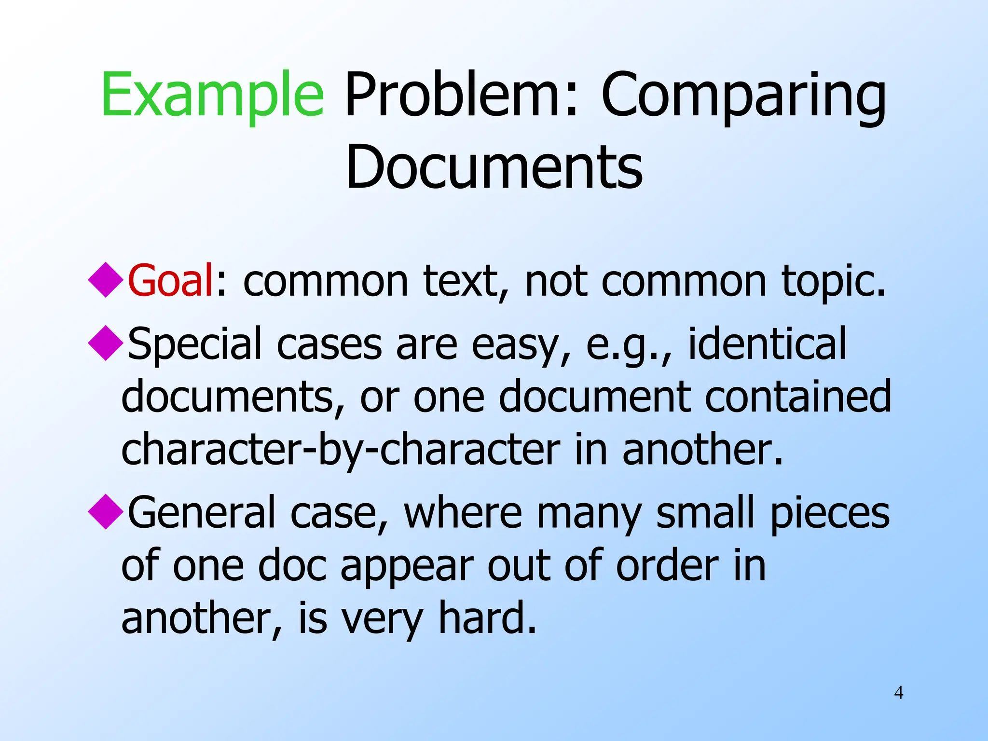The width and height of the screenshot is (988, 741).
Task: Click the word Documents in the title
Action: [x=494, y=166]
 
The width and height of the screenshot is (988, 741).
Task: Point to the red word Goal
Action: [x=170, y=280]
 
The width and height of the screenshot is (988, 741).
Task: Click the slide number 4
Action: [x=898, y=693]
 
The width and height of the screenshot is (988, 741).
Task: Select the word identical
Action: [x=767, y=343]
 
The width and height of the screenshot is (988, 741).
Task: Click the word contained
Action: [x=798, y=397]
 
